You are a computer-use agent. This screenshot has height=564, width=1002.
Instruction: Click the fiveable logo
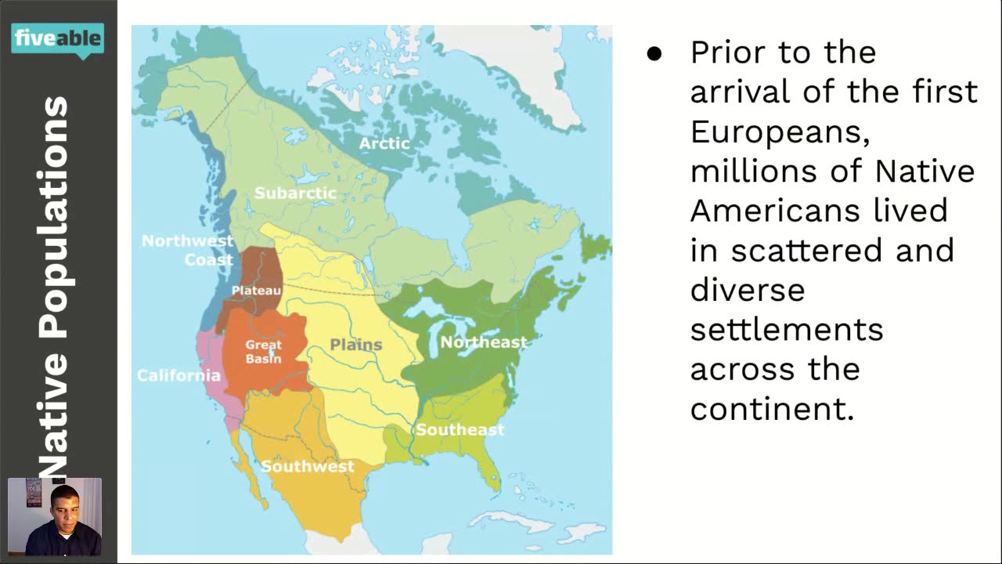tap(57, 38)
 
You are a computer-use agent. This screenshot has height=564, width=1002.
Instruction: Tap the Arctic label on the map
tap(384, 143)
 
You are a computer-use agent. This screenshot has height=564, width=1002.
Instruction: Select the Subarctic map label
tap(295, 193)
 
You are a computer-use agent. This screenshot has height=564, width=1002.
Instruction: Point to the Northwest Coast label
tap(188, 250)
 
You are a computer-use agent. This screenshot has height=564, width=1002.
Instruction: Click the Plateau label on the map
tap(256, 291)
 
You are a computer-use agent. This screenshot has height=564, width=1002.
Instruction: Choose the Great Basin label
tap(263, 352)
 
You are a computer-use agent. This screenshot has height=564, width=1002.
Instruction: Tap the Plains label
tap(356, 345)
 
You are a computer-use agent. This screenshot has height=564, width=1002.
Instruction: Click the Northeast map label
tap(483, 342)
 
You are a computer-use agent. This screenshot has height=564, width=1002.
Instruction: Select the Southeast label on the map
tap(460, 429)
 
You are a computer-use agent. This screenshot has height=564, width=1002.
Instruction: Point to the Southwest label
tap(308, 466)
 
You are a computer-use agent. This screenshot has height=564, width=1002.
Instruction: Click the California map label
tap(178, 375)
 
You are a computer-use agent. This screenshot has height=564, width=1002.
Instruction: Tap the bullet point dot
tap(654, 54)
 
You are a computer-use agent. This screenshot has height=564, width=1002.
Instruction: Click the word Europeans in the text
tap(780, 132)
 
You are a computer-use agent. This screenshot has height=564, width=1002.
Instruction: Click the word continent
tap(772, 408)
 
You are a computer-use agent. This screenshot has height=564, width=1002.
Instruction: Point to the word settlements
tap(787, 329)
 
